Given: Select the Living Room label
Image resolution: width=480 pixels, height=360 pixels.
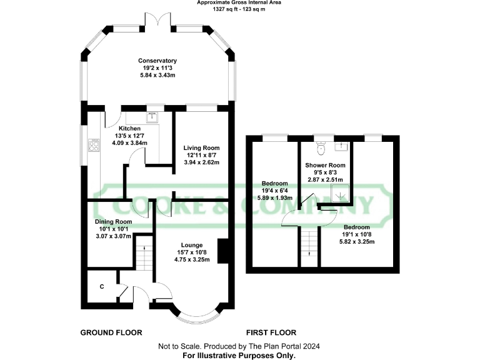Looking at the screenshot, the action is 201,148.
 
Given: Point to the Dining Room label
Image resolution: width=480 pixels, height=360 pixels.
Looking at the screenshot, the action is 113,221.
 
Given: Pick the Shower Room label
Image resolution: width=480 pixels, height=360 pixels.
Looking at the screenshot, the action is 325,165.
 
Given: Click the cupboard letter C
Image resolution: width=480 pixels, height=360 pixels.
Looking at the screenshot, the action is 102,287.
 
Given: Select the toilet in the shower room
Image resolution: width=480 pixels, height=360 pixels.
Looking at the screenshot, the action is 321,147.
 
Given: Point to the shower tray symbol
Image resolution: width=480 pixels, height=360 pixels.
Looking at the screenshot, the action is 341,196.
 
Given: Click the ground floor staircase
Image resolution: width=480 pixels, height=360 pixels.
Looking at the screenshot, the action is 145,254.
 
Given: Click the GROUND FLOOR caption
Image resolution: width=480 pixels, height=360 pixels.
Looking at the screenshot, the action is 111,332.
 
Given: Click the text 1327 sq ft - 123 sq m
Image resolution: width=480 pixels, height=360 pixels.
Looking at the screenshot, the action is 239,9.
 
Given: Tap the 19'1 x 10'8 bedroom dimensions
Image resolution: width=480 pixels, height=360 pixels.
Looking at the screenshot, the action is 357,234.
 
